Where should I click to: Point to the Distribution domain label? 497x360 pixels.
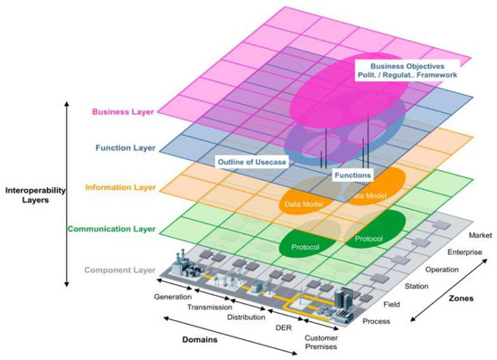tap(243, 317)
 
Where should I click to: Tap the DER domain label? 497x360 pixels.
tap(282, 327)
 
